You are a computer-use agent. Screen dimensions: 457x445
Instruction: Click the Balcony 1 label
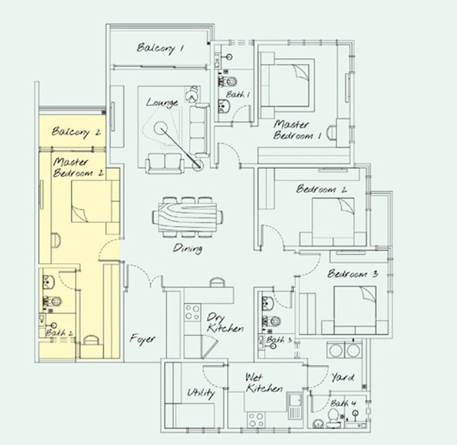click(x=160, y=48)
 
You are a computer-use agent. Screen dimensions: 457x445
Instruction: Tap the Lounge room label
click(x=162, y=103)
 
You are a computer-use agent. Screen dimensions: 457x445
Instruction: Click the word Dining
click(x=188, y=249)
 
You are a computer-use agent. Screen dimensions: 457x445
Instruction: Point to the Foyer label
click(x=142, y=339)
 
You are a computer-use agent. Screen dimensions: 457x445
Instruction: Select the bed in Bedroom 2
click(x=333, y=222)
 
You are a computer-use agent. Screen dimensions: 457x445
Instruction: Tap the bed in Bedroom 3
click(x=355, y=310)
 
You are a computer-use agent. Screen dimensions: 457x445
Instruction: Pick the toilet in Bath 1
click(x=228, y=81)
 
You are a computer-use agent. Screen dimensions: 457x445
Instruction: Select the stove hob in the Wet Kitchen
click(x=257, y=420)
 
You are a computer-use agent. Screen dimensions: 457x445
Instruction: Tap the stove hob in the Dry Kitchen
click(x=193, y=312)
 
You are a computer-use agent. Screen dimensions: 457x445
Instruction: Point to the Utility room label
click(x=201, y=393)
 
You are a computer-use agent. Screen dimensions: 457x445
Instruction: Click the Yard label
click(x=343, y=378)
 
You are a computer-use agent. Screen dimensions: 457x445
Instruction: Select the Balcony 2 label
click(x=76, y=132)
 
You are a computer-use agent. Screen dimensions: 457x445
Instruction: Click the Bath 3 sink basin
click(x=267, y=304)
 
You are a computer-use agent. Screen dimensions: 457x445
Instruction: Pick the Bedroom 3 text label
click(x=353, y=274)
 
